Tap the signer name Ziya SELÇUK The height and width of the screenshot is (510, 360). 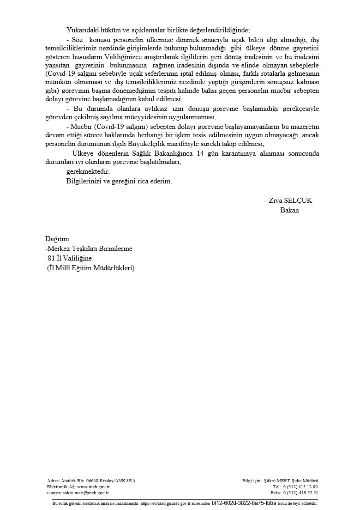click(290, 200)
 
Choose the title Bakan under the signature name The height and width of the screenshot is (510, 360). click(289, 210)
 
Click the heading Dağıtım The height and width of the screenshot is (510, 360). click(57, 239)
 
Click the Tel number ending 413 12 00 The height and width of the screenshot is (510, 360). click(301, 487)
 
